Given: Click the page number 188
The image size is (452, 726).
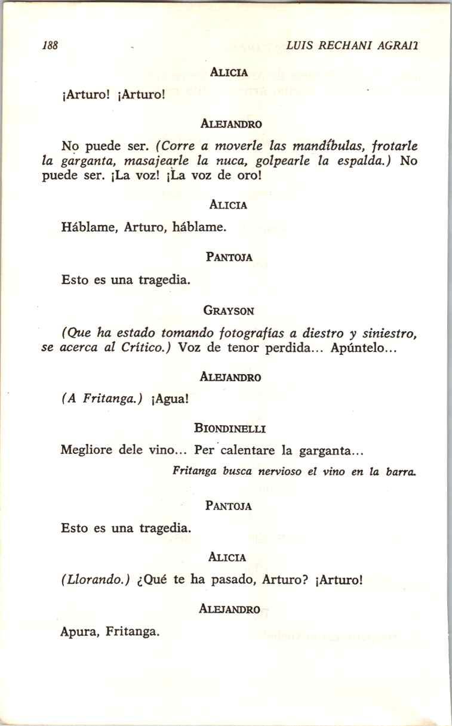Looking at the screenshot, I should (x=49, y=45).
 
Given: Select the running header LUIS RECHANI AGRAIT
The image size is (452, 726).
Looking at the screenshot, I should (x=352, y=45).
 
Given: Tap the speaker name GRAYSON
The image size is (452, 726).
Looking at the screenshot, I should (x=229, y=310).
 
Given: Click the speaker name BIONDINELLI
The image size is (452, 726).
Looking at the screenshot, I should (x=230, y=428).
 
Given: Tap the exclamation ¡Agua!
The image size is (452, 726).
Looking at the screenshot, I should (x=171, y=400).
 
